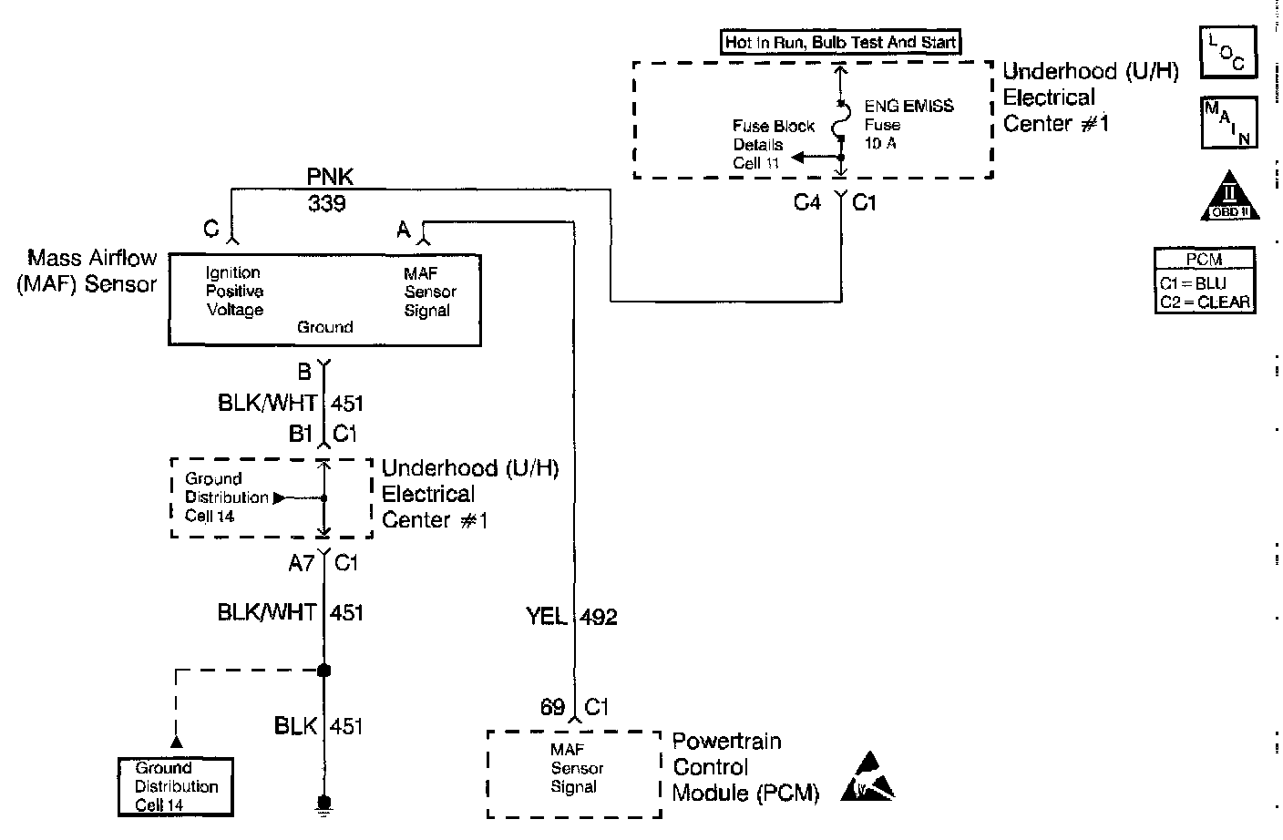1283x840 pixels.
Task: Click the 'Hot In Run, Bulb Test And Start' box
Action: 840,42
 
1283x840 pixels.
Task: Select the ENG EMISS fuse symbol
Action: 840,123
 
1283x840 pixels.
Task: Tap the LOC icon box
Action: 1228,53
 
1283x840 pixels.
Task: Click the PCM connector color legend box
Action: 1204,281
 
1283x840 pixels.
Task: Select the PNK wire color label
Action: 331,176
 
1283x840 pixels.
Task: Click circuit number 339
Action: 327,203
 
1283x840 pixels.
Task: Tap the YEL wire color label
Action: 547,617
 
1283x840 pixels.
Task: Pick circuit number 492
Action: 599,617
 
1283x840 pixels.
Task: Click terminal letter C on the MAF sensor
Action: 211,230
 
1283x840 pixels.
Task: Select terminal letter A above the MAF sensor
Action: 404,230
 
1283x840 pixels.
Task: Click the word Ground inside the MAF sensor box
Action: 324,327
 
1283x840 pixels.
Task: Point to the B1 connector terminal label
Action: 301,434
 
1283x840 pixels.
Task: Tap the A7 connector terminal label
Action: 301,563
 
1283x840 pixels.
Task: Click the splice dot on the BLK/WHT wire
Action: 323,671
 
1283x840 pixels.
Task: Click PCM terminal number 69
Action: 552,707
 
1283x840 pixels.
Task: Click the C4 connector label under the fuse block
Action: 807,202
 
